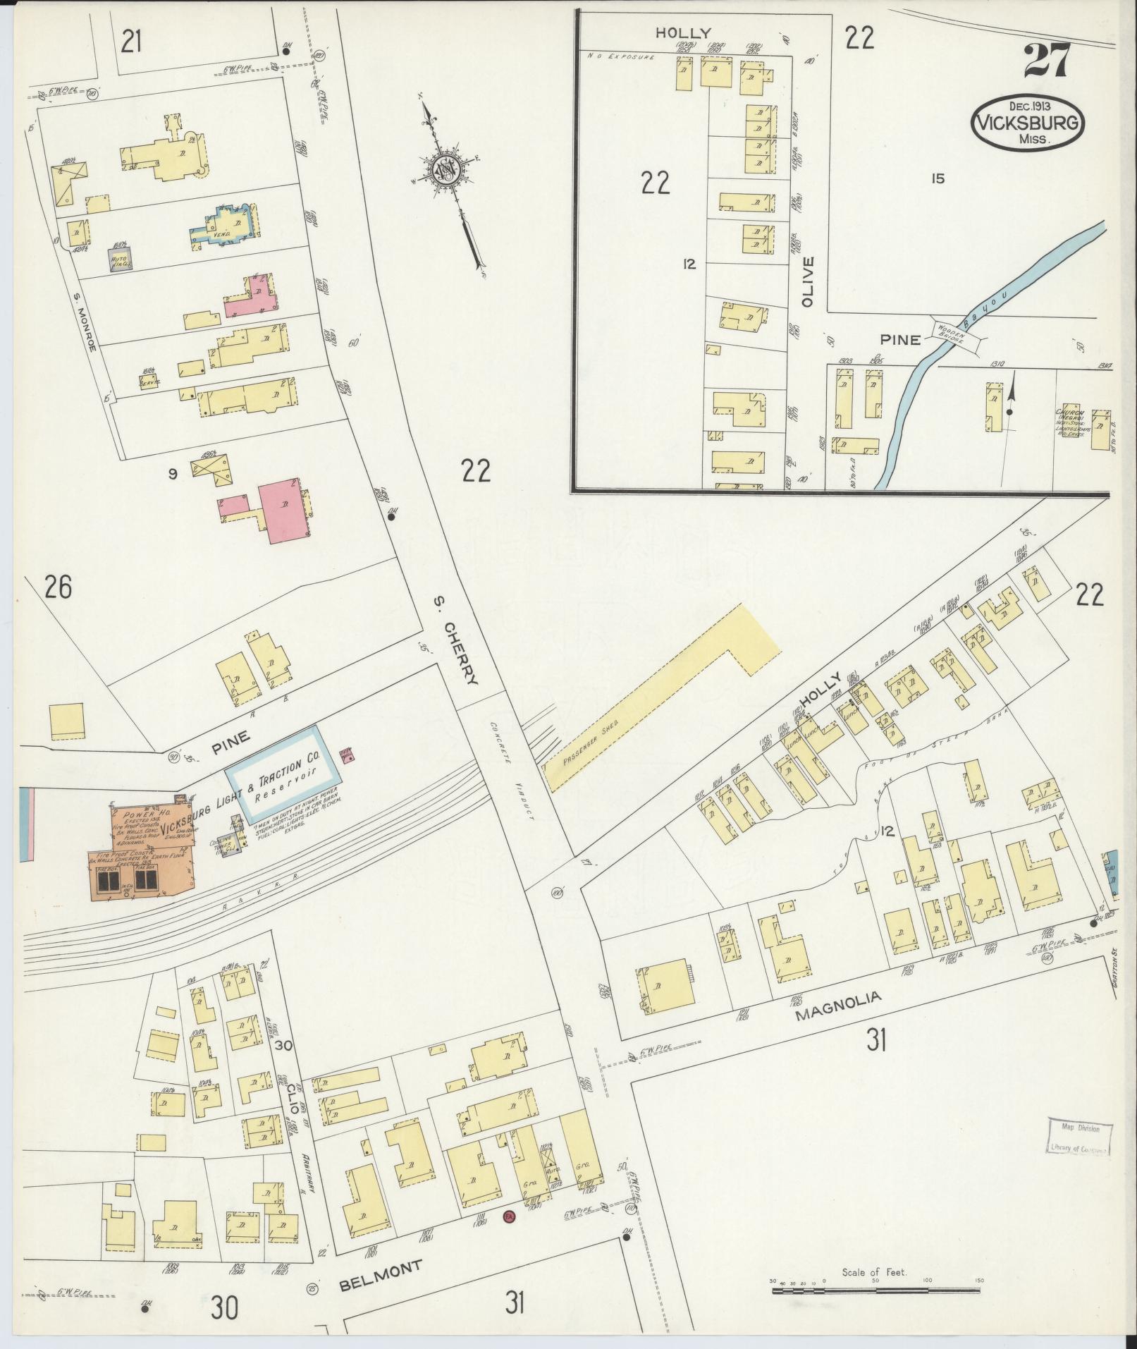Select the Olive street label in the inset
click(x=807, y=281)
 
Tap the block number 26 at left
click(x=58, y=587)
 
